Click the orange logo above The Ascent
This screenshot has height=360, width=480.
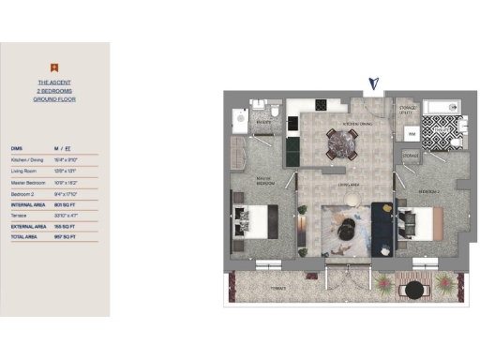click(55, 66)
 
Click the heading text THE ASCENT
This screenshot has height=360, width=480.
click(55, 82)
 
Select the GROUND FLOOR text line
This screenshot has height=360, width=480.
click(55, 98)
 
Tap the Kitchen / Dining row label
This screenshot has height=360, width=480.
click(25, 159)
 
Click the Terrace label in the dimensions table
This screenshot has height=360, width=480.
click(19, 216)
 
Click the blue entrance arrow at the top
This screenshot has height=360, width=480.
click(375, 85)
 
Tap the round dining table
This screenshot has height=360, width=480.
click(339, 143)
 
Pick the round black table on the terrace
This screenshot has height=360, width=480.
click(413, 291)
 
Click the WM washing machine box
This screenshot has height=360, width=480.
click(411, 134)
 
